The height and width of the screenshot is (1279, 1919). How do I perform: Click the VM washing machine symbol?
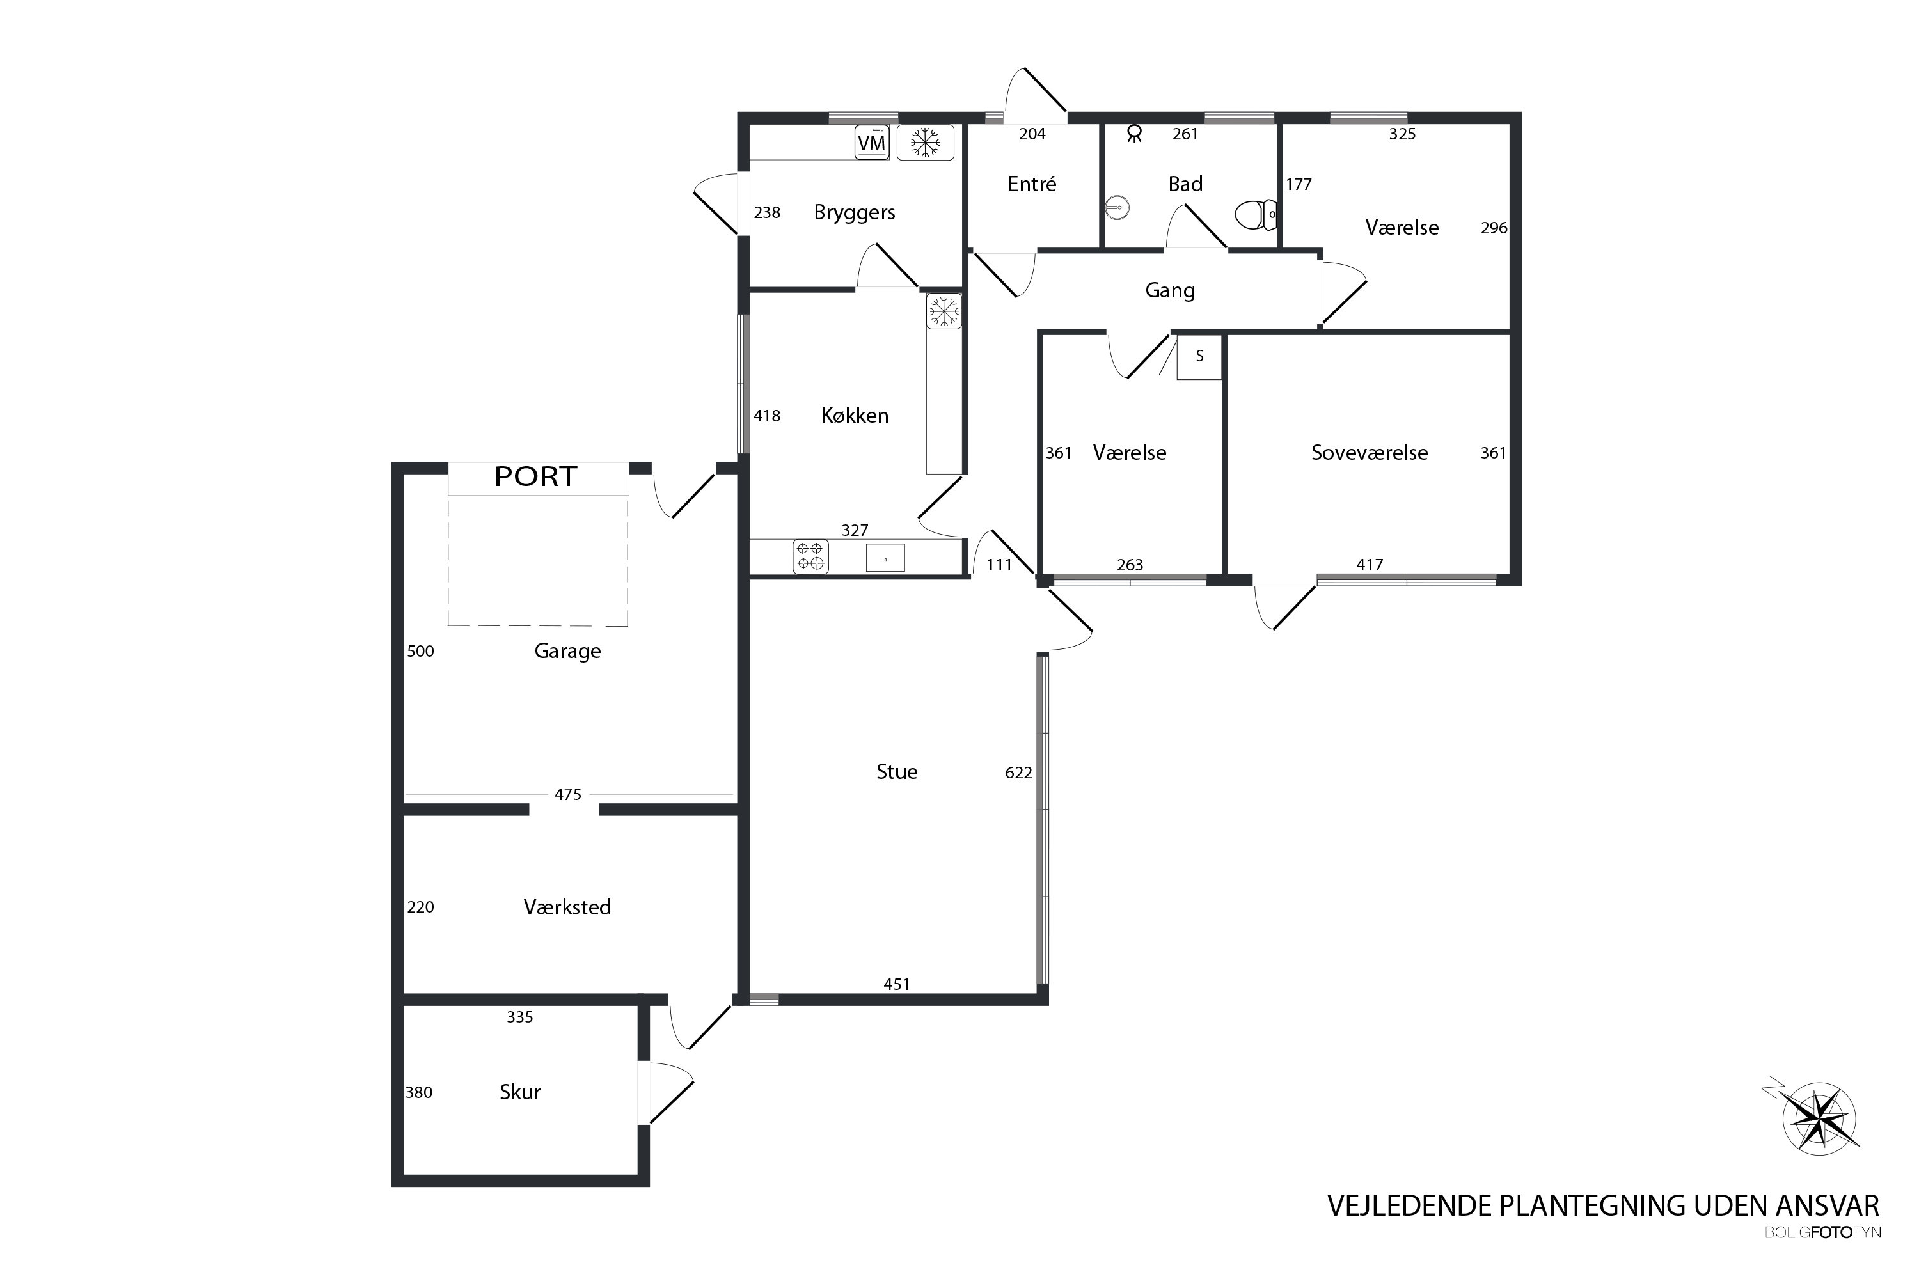point(871,143)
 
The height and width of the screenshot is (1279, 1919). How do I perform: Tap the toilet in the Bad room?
point(1256,216)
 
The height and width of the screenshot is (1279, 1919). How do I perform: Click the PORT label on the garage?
point(536,476)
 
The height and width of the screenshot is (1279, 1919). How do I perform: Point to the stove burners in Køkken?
point(811,557)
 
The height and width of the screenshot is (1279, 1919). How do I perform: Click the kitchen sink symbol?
point(885,558)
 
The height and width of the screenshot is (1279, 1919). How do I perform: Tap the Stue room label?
point(897,772)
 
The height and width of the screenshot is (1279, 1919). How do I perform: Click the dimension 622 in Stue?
point(1018,773)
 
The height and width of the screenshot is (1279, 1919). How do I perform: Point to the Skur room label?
point(519,1092)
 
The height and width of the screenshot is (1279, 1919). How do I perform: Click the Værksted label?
point(567,907)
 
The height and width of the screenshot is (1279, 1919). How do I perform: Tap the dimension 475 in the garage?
point(568,794)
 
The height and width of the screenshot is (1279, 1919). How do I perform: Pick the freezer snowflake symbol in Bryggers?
point(925,143)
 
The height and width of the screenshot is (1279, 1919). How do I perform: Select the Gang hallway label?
point(1170,290)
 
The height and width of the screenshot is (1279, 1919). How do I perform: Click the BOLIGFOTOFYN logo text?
point(1822,1232)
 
